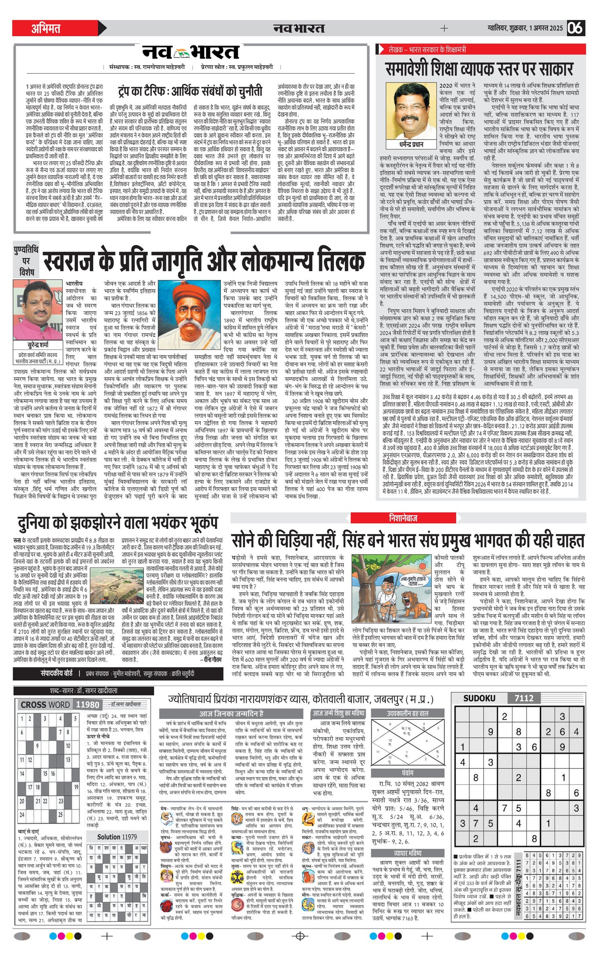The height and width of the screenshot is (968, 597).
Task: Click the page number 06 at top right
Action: pos(576,28)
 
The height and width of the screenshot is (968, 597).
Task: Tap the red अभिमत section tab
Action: pos(46,28)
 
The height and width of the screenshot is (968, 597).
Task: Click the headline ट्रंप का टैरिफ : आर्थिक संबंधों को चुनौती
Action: pos(190,91)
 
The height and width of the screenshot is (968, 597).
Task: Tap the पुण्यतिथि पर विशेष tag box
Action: pos(26,261)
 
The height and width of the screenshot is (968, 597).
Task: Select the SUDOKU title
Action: pos(479,698)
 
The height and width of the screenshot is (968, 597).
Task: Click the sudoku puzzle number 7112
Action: pos(524,698)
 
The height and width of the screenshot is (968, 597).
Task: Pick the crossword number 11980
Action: pos(87,705)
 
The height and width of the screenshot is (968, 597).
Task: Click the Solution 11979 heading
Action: pos(117,837)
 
